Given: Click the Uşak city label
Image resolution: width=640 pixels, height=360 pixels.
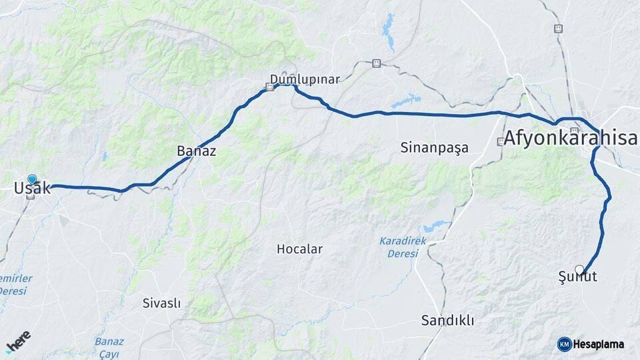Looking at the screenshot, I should click(x=32, y=189).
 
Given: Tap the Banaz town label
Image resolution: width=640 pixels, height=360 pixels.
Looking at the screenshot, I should click(x=196, y=151).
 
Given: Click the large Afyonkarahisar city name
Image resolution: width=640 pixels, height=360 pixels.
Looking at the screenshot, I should click(x=571, y=139).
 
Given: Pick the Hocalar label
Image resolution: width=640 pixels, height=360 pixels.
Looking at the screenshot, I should click(x=299, y=249).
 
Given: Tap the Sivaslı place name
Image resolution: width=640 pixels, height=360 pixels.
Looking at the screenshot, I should click(x=161, y=303).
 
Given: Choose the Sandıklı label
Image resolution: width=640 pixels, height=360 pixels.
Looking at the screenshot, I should click(x=447, y=321).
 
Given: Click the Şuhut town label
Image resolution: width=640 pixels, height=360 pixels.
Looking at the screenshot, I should click(x=577, y=277).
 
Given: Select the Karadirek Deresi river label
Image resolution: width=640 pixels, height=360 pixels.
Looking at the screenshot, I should click(x=403, y=247).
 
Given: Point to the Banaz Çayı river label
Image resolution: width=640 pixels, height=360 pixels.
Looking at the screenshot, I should click(x=109, y=347).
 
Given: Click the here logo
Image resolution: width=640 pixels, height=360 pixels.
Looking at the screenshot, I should click(x=18, y=341).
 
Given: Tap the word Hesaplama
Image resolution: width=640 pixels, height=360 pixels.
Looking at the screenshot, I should click(x=599, y=345).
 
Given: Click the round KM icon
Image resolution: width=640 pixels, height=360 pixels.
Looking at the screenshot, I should click(x=564, y=344).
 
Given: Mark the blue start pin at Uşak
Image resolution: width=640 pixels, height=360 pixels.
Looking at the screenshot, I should click(x=32, y=179).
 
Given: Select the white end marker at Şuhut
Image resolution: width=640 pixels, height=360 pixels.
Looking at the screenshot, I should click(x=579, y=269).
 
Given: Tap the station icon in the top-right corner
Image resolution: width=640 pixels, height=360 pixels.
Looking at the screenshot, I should click(x=558, y=29).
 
